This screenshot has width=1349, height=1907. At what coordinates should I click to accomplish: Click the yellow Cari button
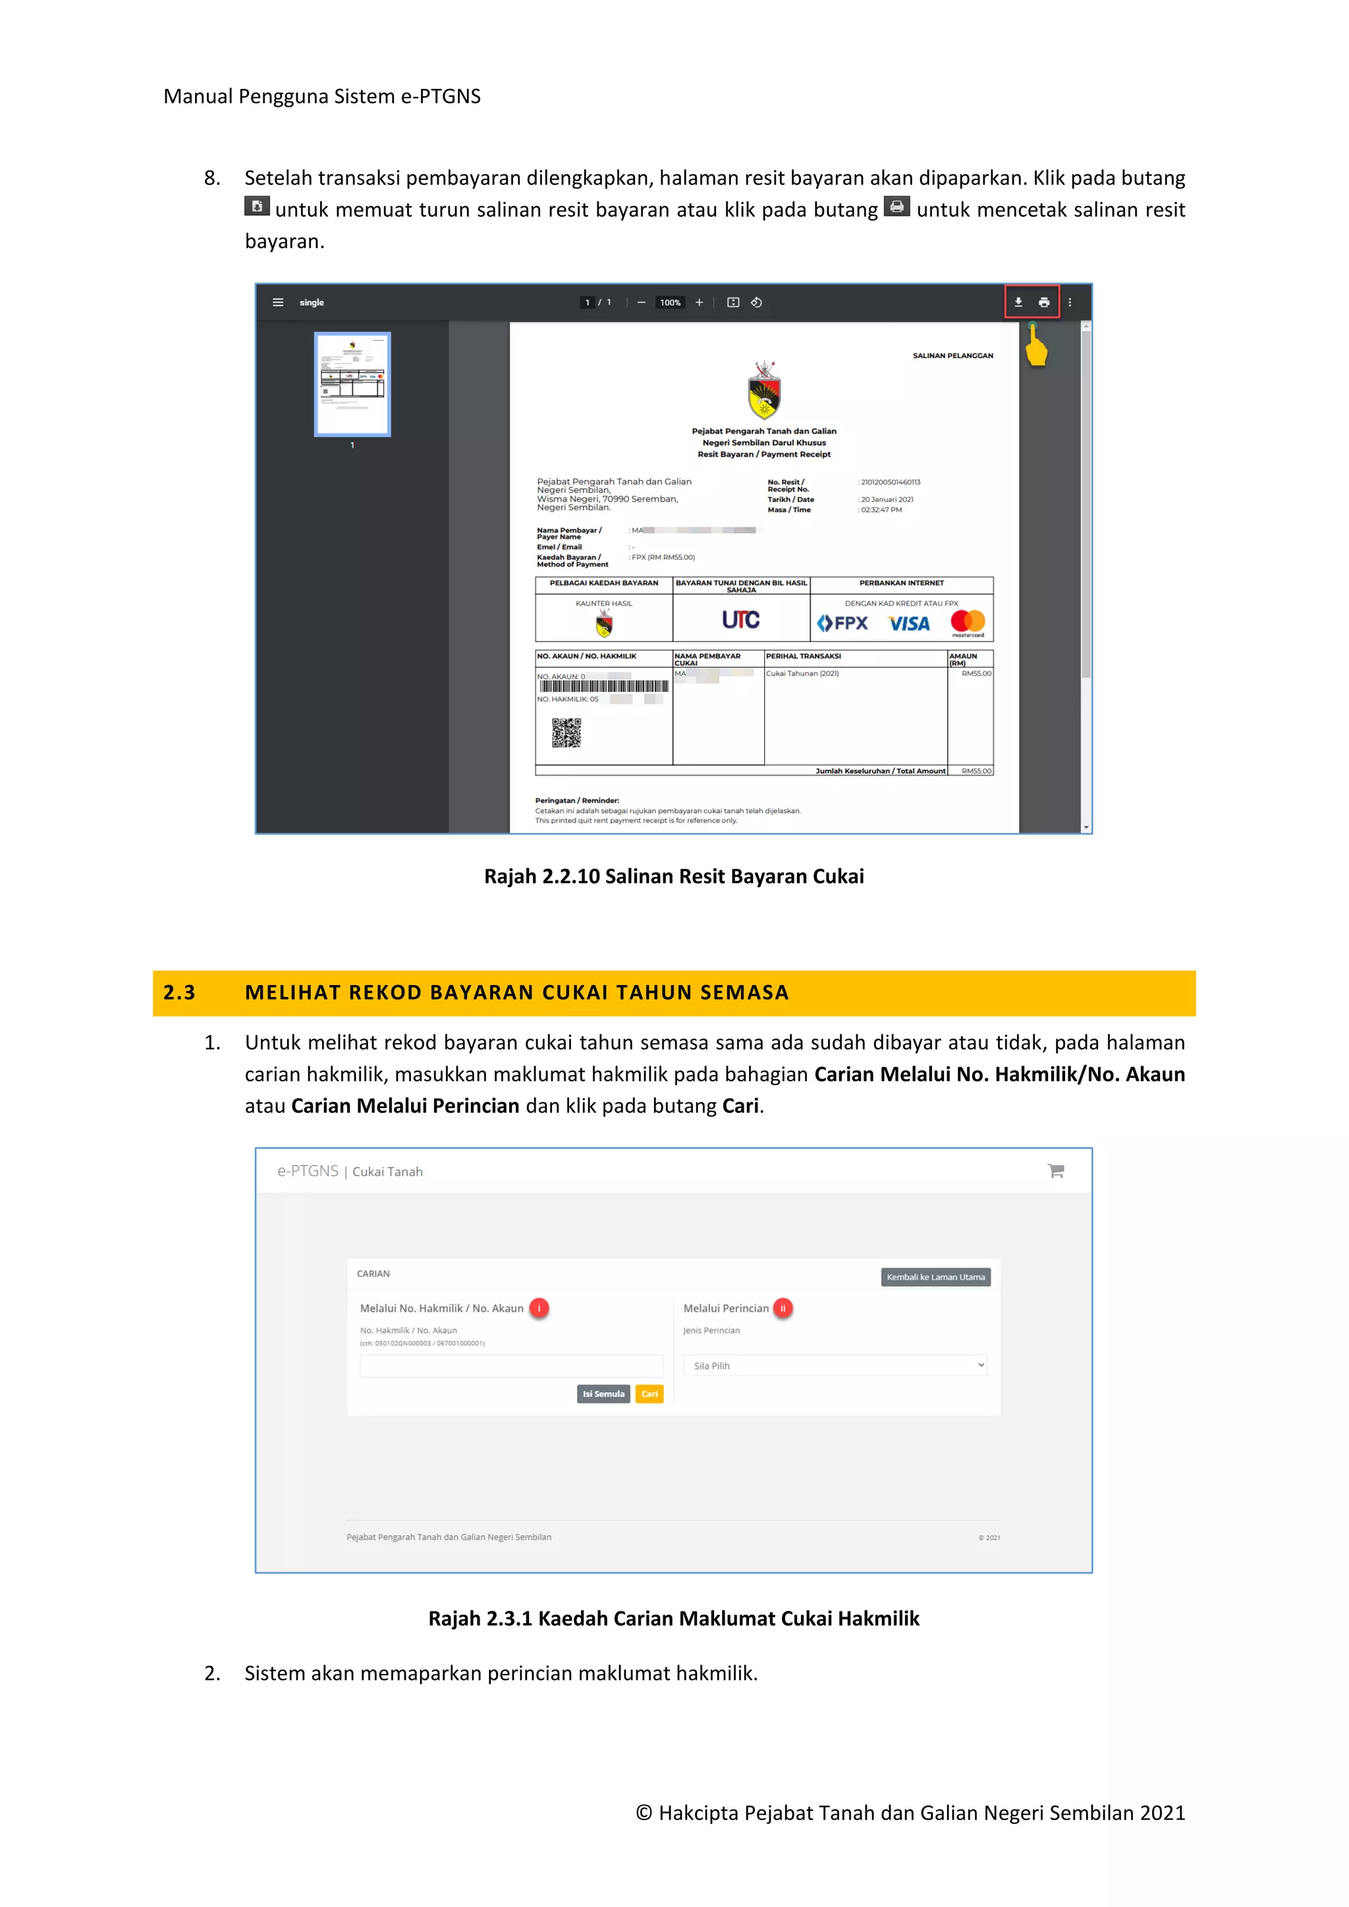[649, 1394]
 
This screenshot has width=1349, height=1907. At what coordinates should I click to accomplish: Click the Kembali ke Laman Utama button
[935, 1277]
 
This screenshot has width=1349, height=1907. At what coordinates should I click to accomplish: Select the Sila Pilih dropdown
[835, 1366]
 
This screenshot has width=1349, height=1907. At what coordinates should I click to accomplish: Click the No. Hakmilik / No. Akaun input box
[511, 1366]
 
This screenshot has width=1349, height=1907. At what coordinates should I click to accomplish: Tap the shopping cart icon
[1056, 1171]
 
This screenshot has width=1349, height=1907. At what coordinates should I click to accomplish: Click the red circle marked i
[539, 1308]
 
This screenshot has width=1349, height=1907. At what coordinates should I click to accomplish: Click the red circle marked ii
[783, 1308]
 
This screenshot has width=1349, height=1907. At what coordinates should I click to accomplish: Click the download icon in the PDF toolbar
[1018, 302]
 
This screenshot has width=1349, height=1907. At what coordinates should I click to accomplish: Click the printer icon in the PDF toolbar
[1044, 302]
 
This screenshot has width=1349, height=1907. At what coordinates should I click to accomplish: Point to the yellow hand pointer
[1036, 347]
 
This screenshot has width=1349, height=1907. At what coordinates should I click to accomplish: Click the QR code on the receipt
[566, 732]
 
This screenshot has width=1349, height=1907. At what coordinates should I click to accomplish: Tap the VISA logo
[909, 624]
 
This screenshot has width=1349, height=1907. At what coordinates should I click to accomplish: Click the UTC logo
[740, 620]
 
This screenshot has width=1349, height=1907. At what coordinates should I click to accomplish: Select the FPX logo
[842, 623]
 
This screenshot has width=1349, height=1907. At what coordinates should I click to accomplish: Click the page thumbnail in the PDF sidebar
[352, 384]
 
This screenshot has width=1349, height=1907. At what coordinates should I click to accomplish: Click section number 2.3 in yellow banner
[179, 992]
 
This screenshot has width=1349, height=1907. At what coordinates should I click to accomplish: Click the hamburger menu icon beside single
[278, 302]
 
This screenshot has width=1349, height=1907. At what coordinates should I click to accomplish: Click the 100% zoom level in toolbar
[669, 302]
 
